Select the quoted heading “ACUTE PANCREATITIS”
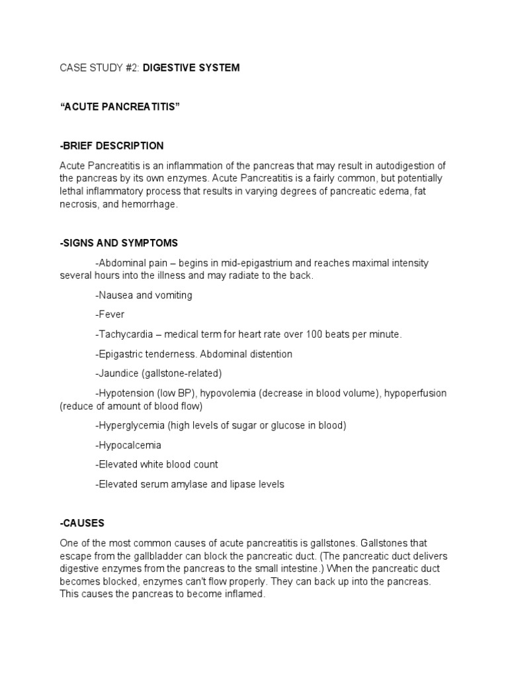pos(120,107)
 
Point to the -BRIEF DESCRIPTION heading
pos(111,146)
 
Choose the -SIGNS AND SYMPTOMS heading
pos(118,244)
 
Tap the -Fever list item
pos(110,315)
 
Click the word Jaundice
pos(120,373)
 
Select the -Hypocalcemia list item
pos(128,445)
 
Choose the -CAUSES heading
pos(82,523)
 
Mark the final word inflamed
pos(244,595)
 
